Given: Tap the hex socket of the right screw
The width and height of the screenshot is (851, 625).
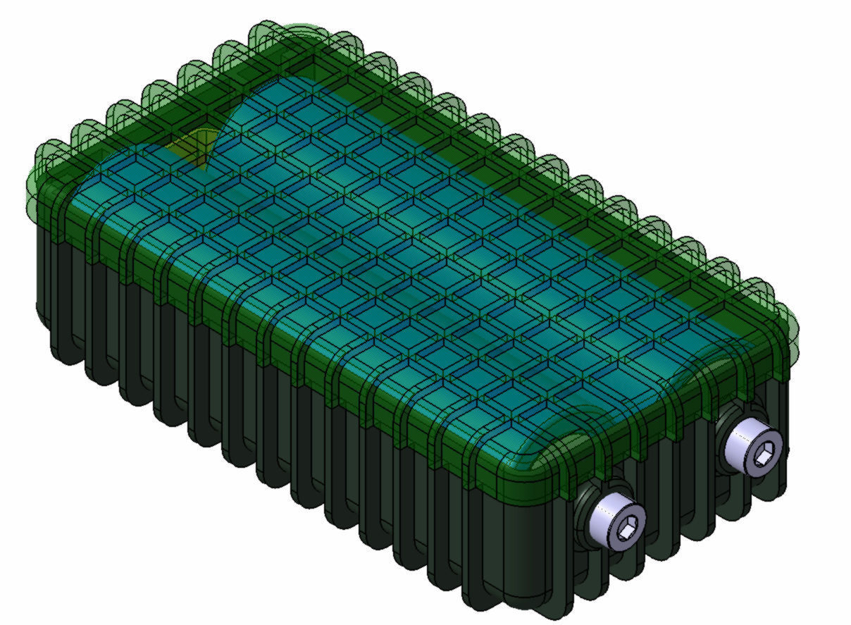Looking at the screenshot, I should (x=765, y=457).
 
